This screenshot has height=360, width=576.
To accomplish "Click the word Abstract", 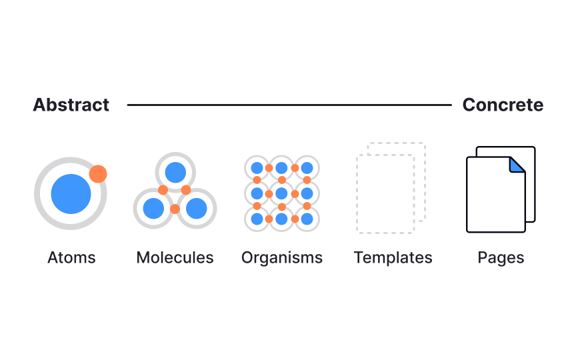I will (x=71, y=105).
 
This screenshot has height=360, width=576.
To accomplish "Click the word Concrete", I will (x=503, y=105).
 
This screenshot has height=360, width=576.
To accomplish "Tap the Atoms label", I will (x=71, y=257).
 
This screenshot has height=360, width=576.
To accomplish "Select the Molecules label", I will (x=175, y=257).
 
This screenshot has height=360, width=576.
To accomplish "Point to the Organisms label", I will (x=282, y=257).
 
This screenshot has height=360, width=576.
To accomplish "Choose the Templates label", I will (x=393, y=257).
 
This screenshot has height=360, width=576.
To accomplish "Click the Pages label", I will (x=501, y=257).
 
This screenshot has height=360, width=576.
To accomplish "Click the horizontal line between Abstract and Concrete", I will (x=289, y=105).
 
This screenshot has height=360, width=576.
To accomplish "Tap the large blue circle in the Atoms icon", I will (x=71, y=194).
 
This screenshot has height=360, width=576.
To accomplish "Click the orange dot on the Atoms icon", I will (x=98, y=174).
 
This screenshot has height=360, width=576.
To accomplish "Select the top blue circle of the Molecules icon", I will (x=175, y=173).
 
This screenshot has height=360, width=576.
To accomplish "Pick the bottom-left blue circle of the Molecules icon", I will (x=153, y=209).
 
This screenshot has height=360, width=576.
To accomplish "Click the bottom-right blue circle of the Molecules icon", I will (x=197, y=209).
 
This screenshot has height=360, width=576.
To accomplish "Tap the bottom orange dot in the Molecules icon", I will (x=175, y=209).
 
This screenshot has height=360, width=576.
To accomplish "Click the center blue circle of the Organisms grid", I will (x=281, y=193).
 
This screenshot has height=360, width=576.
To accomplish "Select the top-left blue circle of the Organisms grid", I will (x=257, y=168).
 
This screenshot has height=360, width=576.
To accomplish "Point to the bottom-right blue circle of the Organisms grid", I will (x=307, y=219).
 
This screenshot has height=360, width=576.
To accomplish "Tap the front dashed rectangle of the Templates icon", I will (x=385, y=193).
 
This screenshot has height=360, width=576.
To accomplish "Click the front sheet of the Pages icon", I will (x=493, y=197).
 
